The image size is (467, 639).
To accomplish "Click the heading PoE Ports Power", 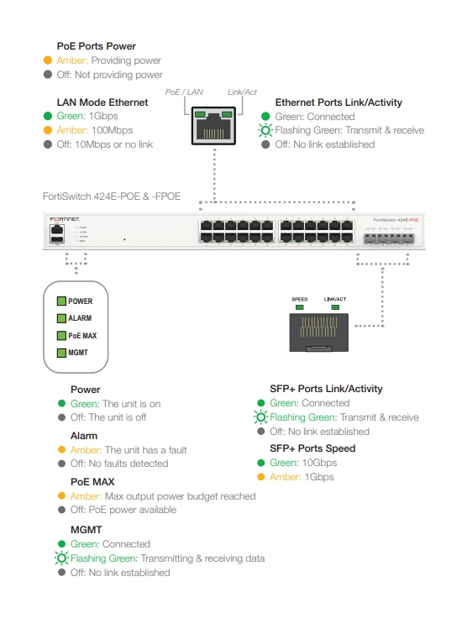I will pyautogui.click(x=96, y=46).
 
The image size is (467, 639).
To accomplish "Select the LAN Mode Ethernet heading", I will pyautogui.click(x=102, y=102).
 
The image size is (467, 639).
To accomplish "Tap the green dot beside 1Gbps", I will pyautogui.click(x=48, y=117).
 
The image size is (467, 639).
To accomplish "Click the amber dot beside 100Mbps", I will pyautogui.click(x=48, y=130).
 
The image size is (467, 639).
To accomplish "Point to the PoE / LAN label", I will pyautogui.click(x=184, y=92).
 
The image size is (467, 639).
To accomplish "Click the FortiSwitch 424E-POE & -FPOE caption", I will pyautogui.click(x=111, y=196).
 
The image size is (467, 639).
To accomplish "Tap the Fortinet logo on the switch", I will pyautogui.click(x=64, y=219).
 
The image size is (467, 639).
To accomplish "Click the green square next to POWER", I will pyautogui.click(x=61, y=301).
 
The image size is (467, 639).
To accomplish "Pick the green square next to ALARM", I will pyautogui.click(x=61, y=318).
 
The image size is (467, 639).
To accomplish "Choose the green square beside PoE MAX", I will pyautogui.click(x=61, y=336).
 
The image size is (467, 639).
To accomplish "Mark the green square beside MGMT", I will pyautogui.click(x=61, y=353).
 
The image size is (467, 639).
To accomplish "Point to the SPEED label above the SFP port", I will pyautogui.click(x=300, y=299).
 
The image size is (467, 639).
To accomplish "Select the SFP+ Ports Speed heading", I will pyautogui.click(x=312, y=448).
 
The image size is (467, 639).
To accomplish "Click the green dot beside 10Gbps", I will pyautogui.click(x=261, y=463).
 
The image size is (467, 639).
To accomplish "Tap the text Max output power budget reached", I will pyautogui.click(x=180, y=496).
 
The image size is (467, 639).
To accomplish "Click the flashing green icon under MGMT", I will pyautogui.click(x=60, y=558).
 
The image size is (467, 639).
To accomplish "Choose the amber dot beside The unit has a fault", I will pyautogui.click(x=61, y=450).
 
